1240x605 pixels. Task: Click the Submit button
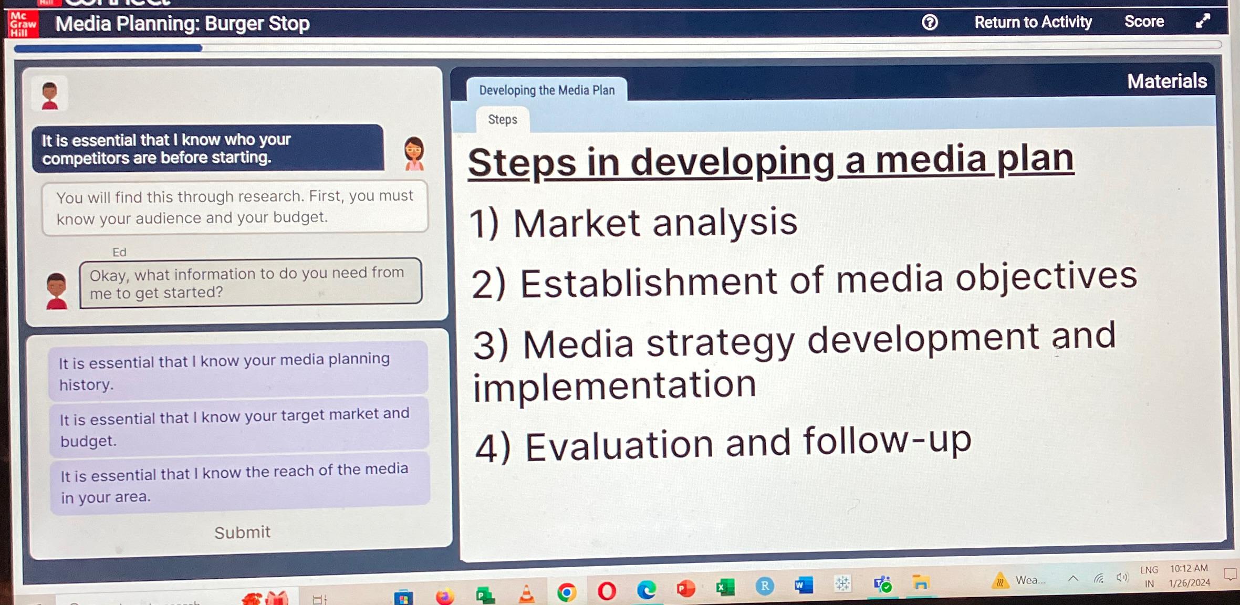[242, 533]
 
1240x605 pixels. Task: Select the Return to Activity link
[1033, 22]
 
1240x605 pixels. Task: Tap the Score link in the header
[1144, 21]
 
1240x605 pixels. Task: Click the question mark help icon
[930, 22]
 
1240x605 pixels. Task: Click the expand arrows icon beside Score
[1203, 21]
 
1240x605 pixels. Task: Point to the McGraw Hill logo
[23, 24]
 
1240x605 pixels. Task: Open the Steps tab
[503, 120]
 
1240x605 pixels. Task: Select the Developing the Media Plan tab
[547, 90]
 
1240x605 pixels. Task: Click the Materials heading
[1166, 81]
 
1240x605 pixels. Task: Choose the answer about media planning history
[238, 371]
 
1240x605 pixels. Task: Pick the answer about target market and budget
[239, 427]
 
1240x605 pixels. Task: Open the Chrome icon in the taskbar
[567, 592]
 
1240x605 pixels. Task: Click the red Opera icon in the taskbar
[607, 591]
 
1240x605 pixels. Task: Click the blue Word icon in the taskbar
[804, 585]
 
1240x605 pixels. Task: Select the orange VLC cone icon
[526, 594]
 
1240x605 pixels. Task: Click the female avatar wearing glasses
[414, 153]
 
